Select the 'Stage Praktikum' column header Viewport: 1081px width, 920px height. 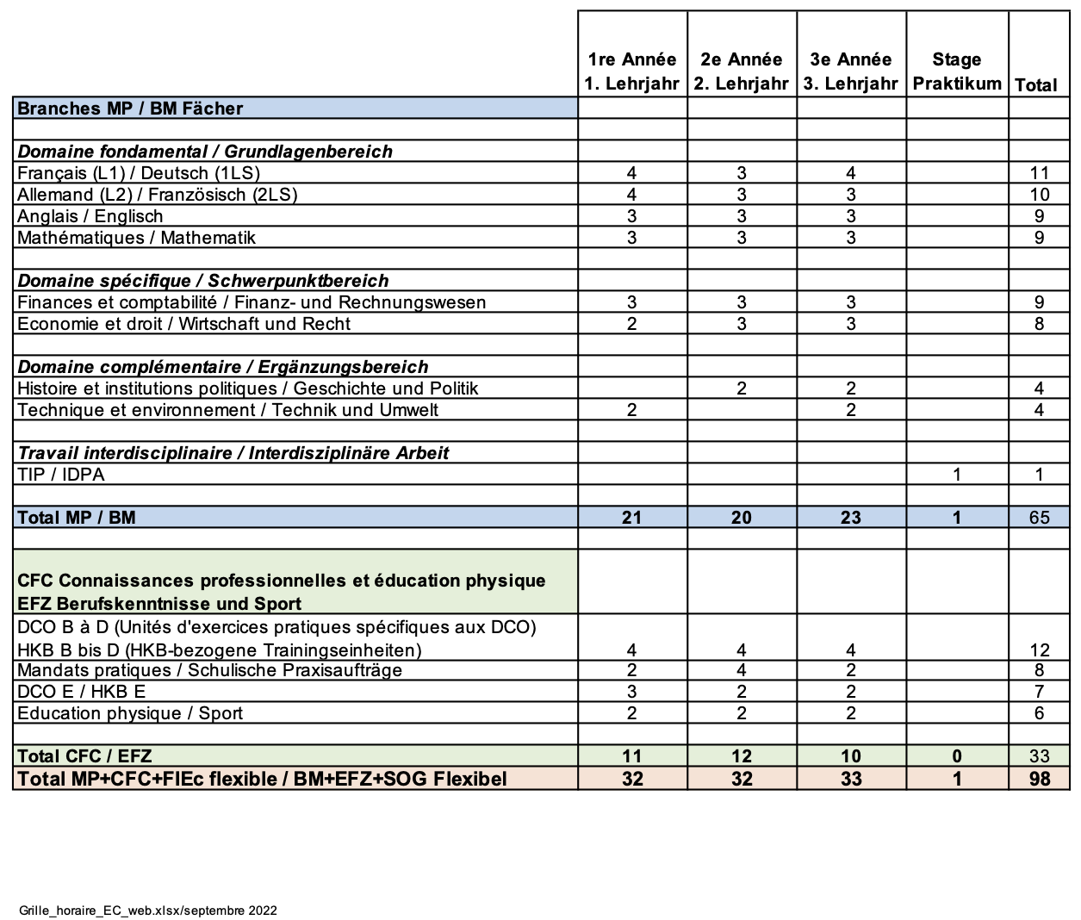[x=956, y=71]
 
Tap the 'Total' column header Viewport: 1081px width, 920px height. [x=1036, y=85]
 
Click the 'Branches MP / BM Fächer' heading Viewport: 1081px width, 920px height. [x=130, y=109]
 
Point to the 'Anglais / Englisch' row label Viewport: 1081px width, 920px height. [x=90, y=216]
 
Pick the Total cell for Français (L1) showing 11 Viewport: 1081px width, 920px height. [x=1039, y=173]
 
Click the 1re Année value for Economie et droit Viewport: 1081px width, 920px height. [x=631, y=324]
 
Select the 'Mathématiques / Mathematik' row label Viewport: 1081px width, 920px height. [x=136, y=238]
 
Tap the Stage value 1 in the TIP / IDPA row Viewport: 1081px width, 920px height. [x=956, y=475]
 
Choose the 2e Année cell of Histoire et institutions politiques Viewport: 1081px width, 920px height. [x=741, y=389]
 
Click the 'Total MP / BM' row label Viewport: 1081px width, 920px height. [x=77, y=518]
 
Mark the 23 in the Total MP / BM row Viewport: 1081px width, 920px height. [x=850, y=518]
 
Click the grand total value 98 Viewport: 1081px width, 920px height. [x=1039, y=779]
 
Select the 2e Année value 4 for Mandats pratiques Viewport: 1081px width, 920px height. [x=741, y=670]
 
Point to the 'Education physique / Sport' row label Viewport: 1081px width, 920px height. [x=130, y=713]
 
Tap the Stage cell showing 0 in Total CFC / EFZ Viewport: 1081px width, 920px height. [x=956, y=756]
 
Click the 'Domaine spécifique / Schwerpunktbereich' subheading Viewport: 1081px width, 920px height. [x=203, y=281]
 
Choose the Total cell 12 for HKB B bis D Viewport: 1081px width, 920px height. [x=1039, y=650]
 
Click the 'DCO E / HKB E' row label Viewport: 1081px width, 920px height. [x=81, y=692]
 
